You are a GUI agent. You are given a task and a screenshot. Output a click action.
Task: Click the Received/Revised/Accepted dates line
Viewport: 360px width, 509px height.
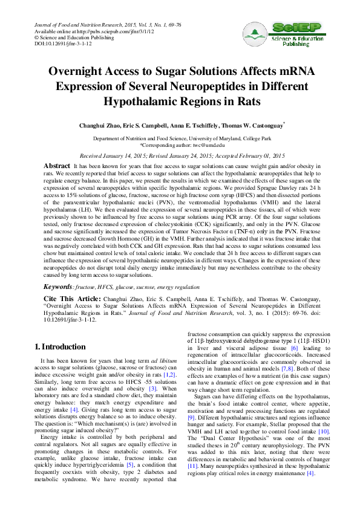(182, 155)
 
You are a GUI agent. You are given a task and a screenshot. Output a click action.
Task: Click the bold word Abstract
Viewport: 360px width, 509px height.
(57, 165)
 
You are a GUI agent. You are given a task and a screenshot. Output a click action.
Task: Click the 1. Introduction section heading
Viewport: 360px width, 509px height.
(59, 346)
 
